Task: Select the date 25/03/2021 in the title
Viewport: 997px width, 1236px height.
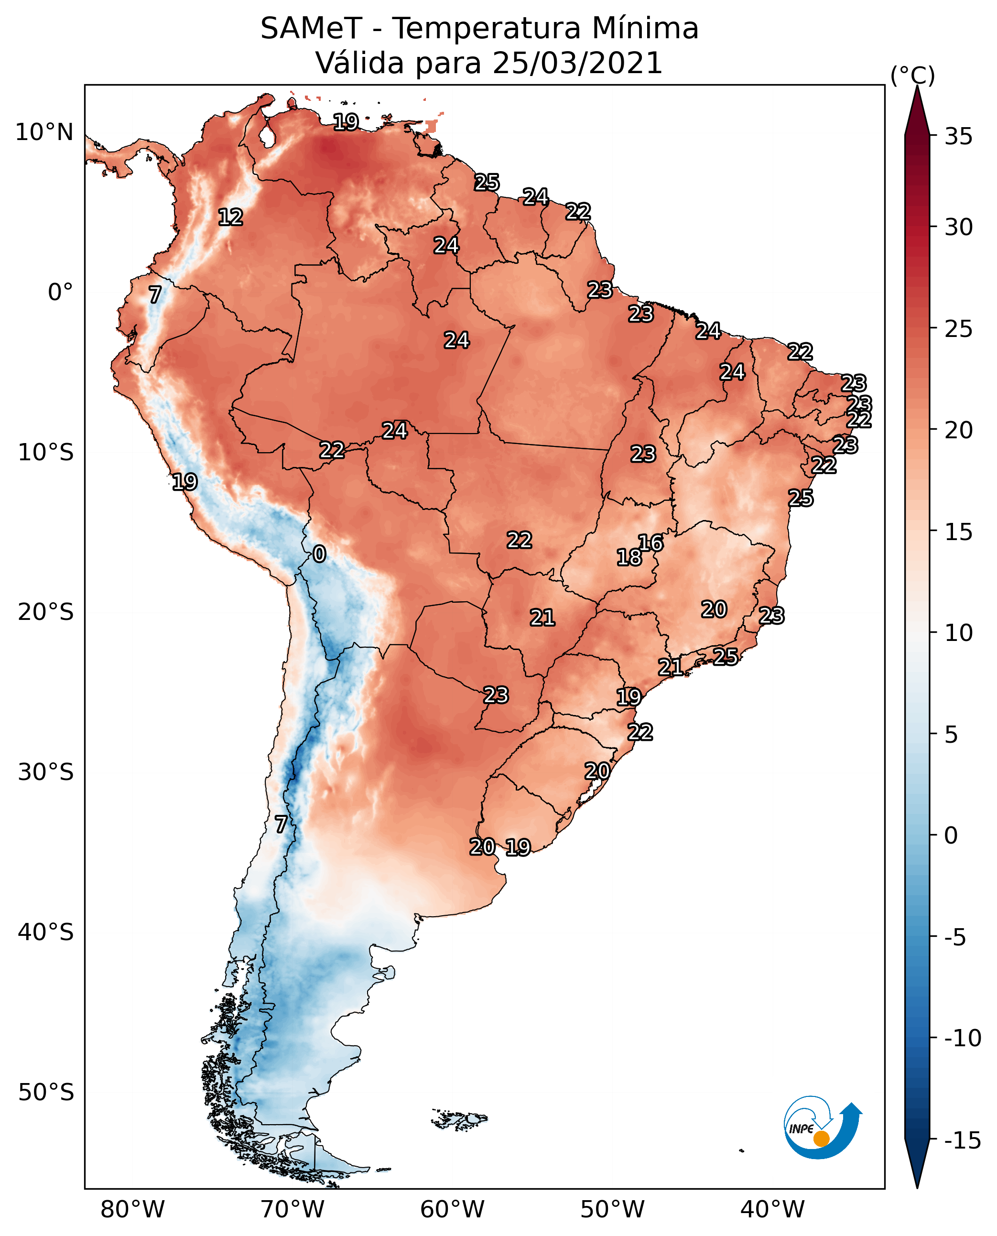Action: [577, 63]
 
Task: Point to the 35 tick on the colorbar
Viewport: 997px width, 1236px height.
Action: [958, 137]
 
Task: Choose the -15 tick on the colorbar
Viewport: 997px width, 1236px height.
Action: [963, 1140]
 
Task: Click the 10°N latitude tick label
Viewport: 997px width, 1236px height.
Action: [44, 133]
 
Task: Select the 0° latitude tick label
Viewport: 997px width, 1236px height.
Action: [60, 293]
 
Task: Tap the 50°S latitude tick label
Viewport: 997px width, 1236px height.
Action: [46, 1092]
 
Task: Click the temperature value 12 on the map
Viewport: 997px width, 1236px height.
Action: [230, 217]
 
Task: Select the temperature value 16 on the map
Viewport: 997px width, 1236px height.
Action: [650, 542]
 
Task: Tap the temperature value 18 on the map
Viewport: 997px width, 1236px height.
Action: [629, 556]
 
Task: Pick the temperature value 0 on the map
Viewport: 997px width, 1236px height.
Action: [319, 553]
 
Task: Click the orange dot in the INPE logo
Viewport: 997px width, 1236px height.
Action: [821, 1138]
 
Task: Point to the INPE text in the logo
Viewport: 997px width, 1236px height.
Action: [801, 1129]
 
